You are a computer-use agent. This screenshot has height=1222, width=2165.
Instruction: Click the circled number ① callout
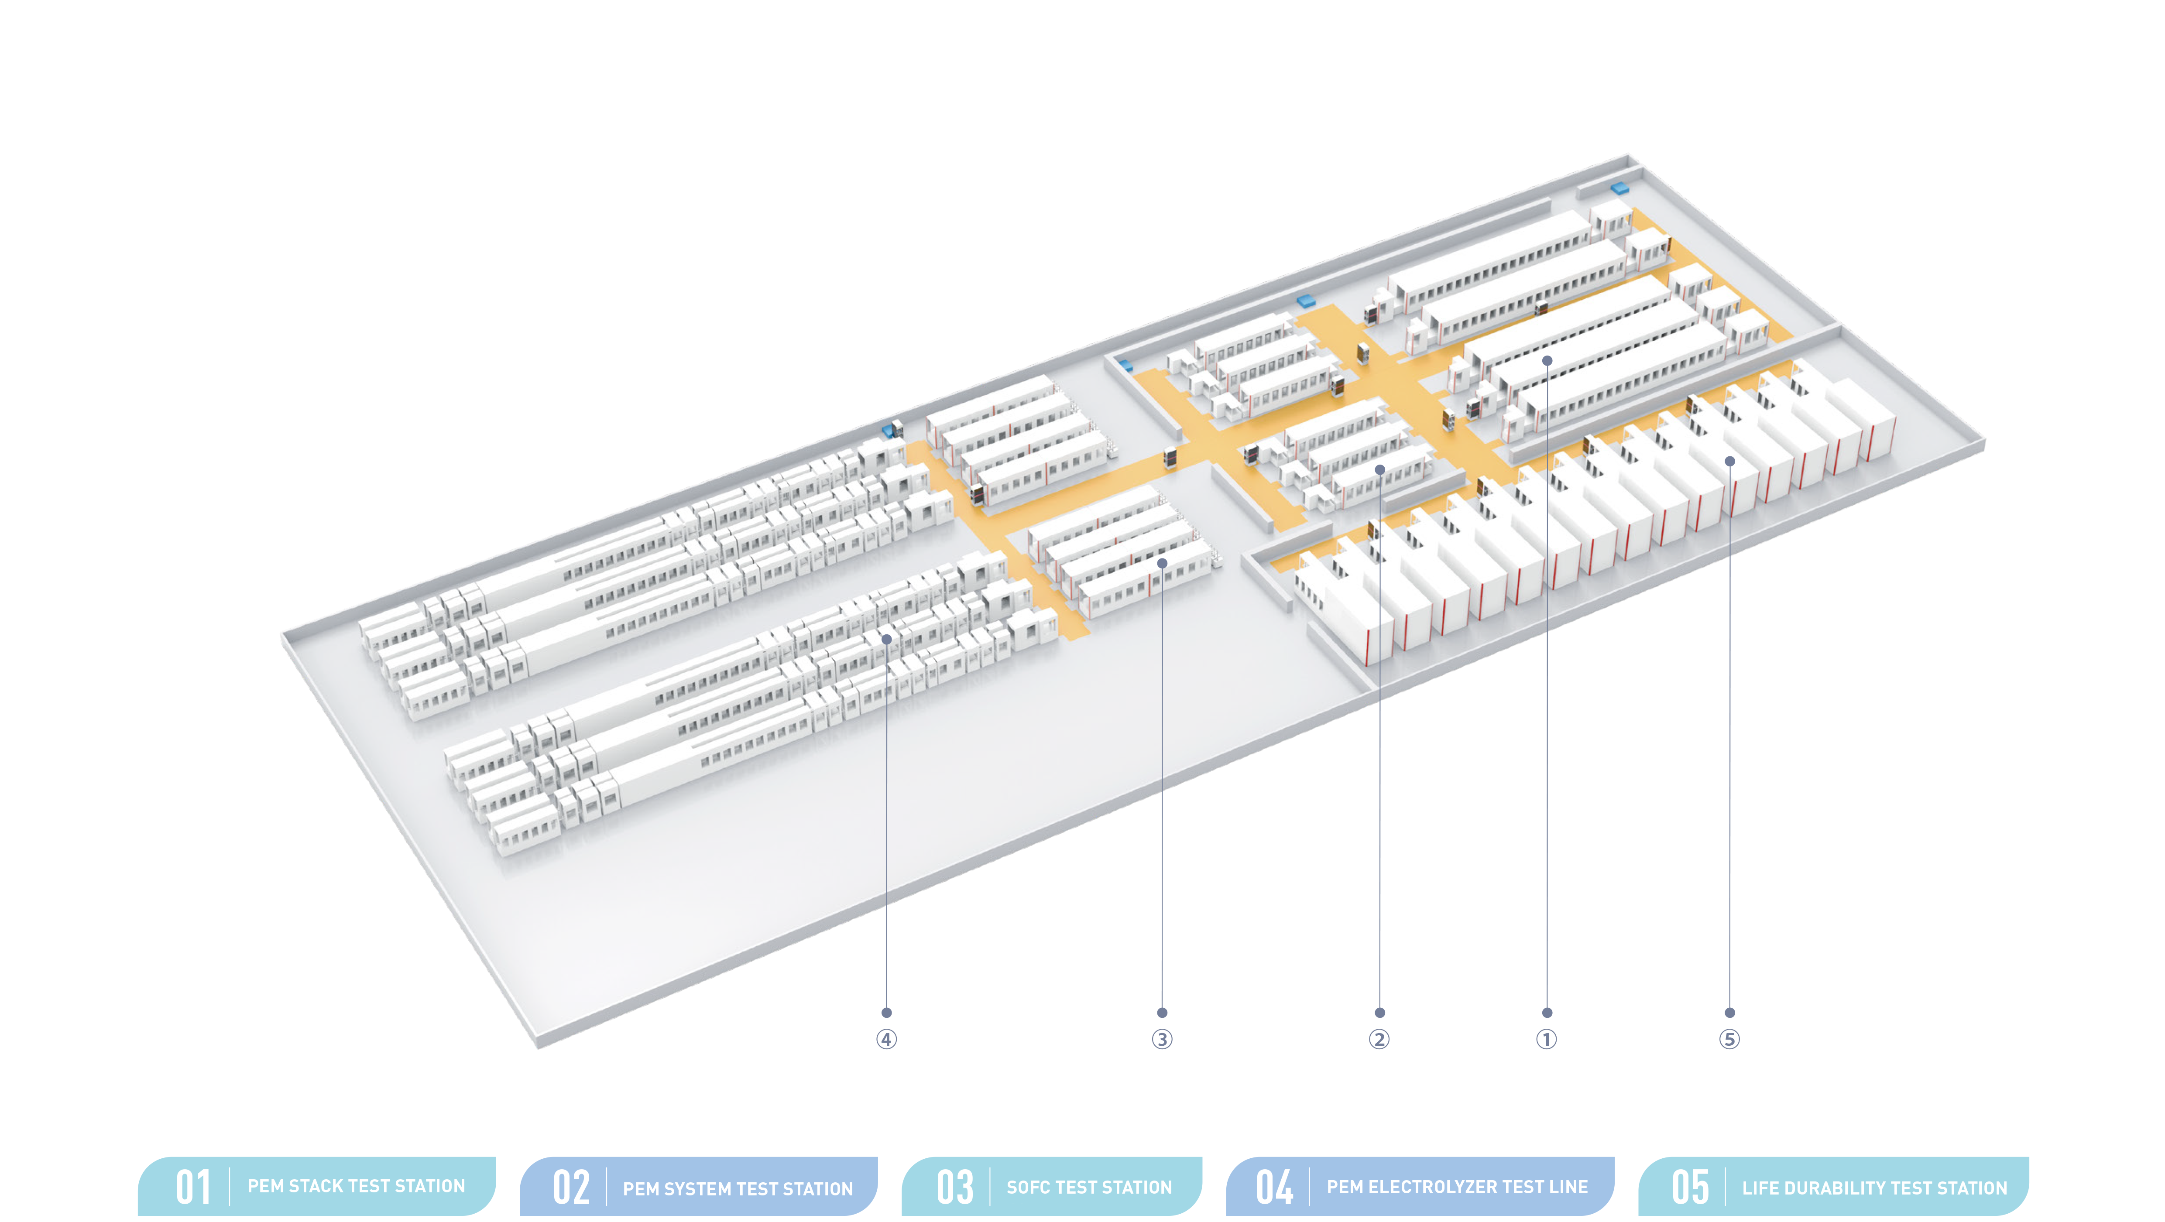click(1547, 1040)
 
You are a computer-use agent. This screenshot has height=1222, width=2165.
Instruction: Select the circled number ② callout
click(1379, 1040)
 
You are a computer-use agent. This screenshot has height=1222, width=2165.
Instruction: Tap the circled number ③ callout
click(1162, 1040)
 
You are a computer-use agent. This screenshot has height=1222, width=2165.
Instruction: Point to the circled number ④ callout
click(886, 1040)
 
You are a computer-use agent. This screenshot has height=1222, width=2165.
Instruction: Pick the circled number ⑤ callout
click(1729, 1040)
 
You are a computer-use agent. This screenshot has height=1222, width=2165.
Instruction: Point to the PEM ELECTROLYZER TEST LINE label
click(1457, 1187)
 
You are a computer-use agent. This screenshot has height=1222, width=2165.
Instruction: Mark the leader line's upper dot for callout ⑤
click(1729, 461)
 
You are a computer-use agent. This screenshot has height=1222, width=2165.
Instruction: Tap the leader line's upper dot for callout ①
click(1547, 360)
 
